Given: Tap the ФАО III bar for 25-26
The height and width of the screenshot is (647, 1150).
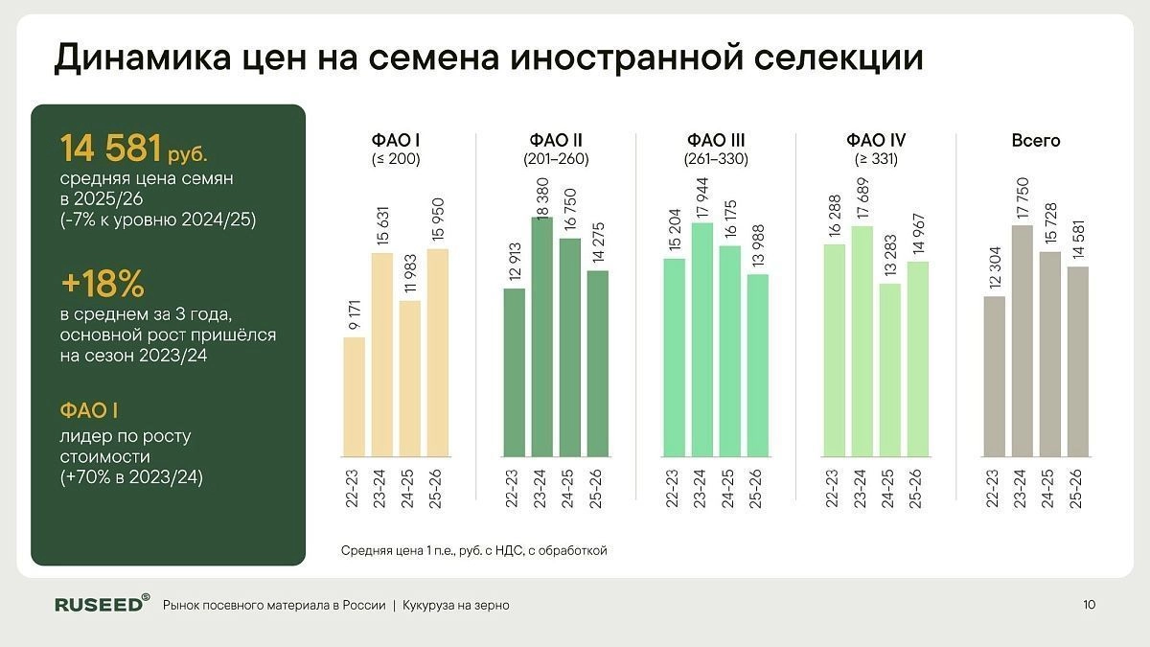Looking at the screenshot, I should (x=757, y=365).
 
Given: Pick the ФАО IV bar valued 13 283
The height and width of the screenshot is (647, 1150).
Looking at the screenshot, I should (x=890, y=370).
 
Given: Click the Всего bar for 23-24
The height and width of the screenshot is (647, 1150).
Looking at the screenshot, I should (x=1023, y=340).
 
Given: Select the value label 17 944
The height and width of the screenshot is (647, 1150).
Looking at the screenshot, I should (x=702, y=196).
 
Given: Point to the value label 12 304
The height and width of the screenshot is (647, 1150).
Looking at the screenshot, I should (x=996, y=270).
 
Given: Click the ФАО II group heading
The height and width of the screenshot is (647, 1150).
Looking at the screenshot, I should (x=556, y=140).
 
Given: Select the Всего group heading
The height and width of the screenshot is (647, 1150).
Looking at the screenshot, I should (x=1036, y=140).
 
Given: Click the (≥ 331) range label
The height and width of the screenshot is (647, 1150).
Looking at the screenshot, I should (x=876, y=159).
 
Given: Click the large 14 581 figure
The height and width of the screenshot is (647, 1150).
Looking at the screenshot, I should (x=109, y=149).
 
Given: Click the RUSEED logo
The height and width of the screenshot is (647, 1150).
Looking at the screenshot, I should (x=102, y=604).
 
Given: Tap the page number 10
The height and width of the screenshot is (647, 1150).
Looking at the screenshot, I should (x=1089, y=605).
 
